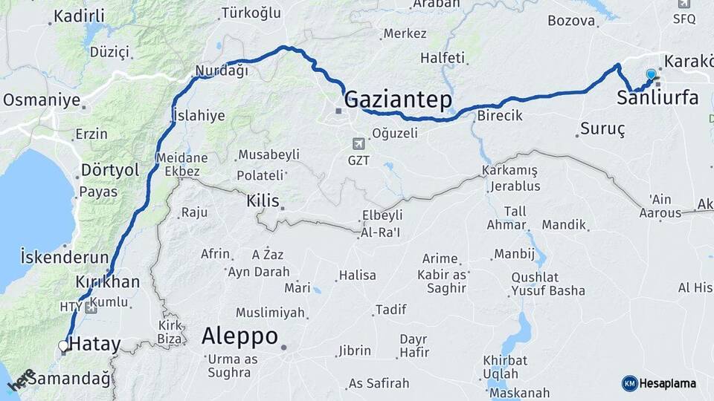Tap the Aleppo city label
(239, 336)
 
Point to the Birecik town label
(500, 116)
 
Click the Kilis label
(263, 200)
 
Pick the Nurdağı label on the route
(221, 71)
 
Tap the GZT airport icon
(360, 143)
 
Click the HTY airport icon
(91, 307)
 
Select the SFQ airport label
(684, 19)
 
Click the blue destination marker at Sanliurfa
(652, 74)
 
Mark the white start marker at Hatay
(64, 345)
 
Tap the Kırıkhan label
(108, 282)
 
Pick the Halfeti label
(442, 58)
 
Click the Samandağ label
(74, 379)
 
